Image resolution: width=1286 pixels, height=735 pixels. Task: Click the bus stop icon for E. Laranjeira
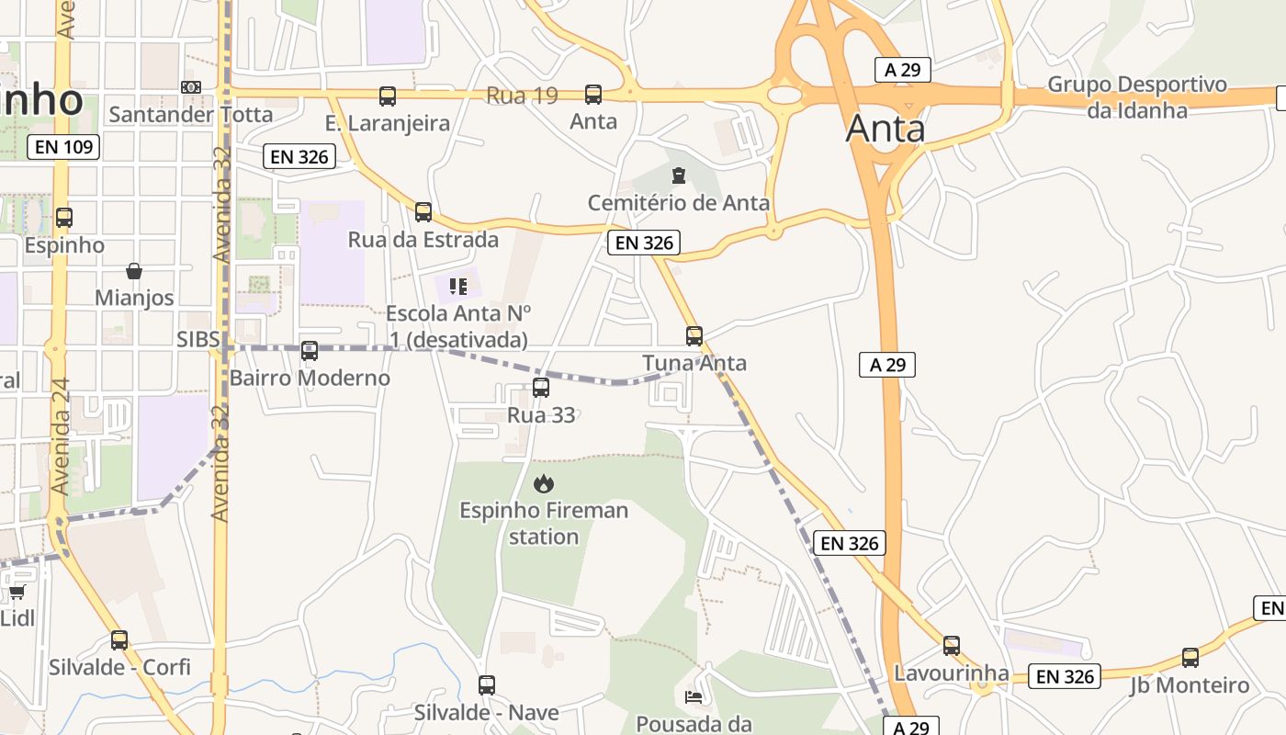coord(388,96)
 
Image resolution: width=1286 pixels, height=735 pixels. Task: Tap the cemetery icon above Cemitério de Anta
coord(679,175)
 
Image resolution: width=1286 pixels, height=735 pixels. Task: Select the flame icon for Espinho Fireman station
coord(544,482)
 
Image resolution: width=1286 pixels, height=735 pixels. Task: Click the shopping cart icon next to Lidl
coord(17,591)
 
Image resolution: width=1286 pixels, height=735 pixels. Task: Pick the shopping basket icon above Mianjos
coord(134,271)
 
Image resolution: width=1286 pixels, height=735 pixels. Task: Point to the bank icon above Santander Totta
coord(191,86)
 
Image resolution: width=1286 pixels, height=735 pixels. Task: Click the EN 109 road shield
coord(62,146)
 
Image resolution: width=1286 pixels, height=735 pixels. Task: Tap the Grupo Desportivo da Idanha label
coord(1137,97)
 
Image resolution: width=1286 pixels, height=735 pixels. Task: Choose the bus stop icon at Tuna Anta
coord(694,335)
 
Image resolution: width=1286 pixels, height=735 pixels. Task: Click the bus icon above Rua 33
coord(541,388)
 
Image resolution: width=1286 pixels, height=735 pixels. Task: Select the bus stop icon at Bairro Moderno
coord(310,350)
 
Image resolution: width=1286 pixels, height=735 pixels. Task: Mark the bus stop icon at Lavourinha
coord(952,645)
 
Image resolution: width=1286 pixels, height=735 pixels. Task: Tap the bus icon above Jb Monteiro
coord(1190,657)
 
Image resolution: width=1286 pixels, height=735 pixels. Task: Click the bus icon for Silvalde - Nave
coord(487,684)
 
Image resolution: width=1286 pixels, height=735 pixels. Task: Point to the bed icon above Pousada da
coord(694,696)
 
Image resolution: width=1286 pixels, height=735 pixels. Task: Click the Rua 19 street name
coord(522,96)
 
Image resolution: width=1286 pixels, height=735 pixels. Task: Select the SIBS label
coord(198,339)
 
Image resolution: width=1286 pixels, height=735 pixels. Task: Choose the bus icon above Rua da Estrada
coord(423,212)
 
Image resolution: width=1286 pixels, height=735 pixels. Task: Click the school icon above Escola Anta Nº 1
coord(458,287)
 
